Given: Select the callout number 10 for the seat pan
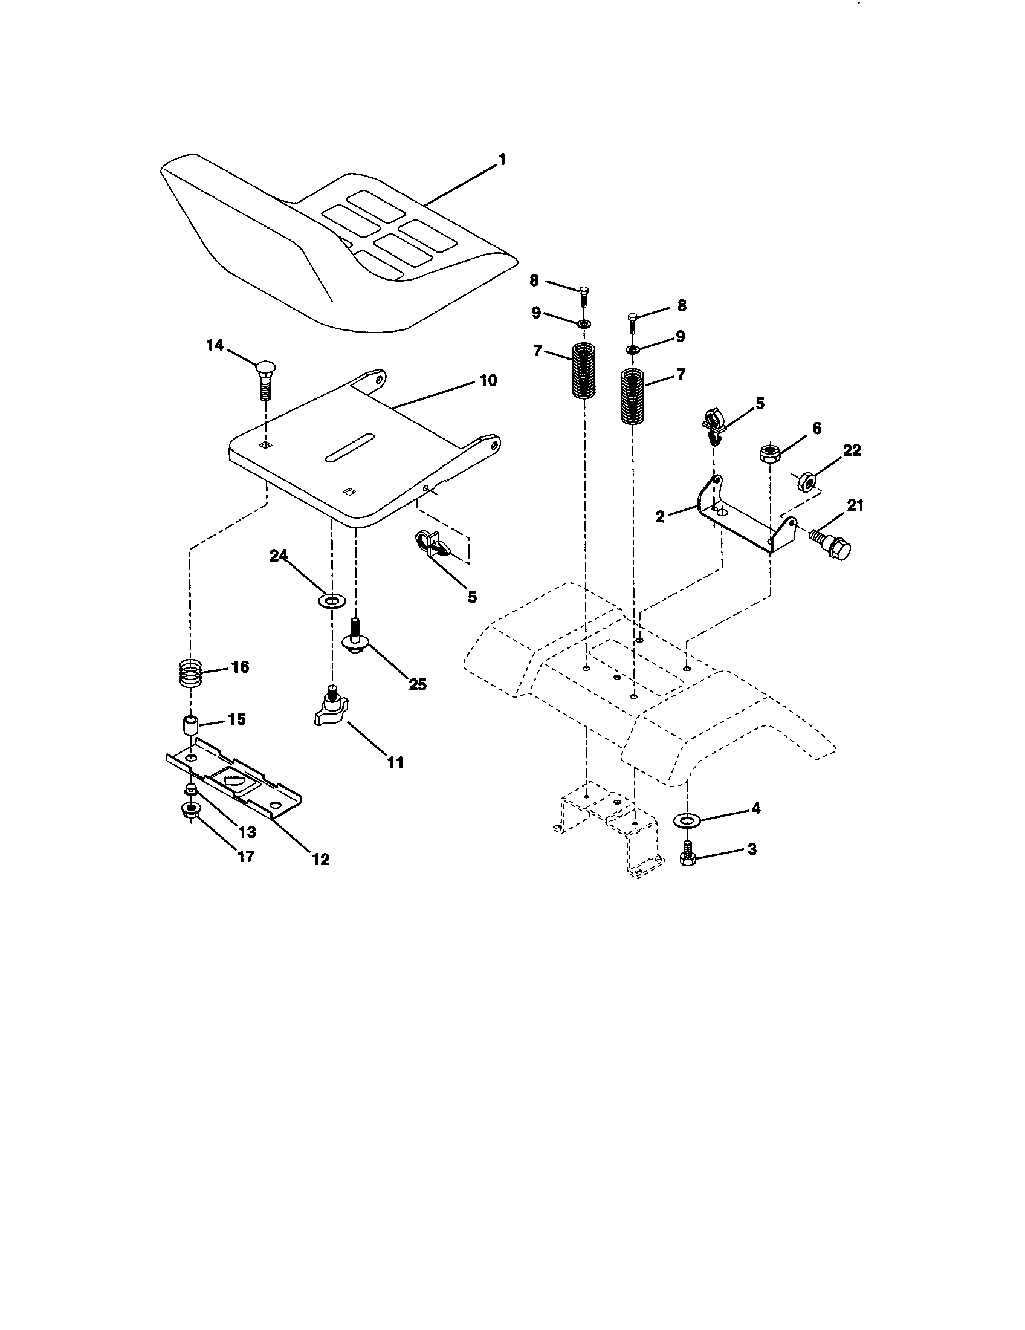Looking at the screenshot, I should (x=488, y=381).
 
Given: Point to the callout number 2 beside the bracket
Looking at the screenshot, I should (x=661, y=517).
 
